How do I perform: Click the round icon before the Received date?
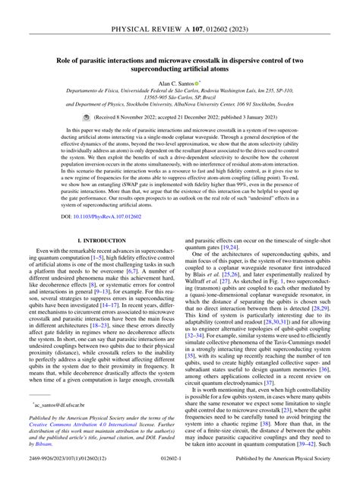[x=107, y=140]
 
